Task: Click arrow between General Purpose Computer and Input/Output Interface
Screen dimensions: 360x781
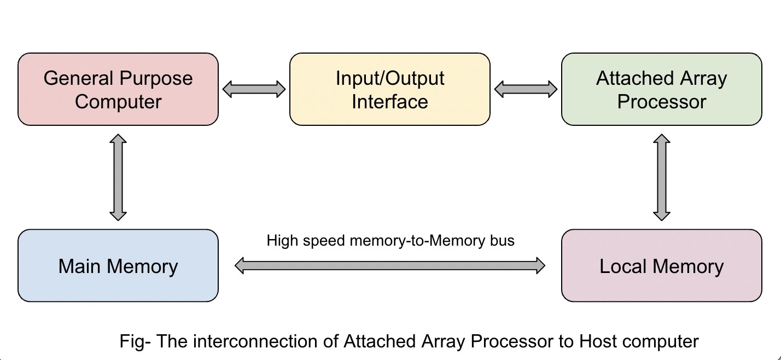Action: (254, 89)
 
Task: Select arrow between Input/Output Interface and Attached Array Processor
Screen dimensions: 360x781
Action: (526, 89)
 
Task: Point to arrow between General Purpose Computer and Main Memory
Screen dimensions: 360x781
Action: (118, 177)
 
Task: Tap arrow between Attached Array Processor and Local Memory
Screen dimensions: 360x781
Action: (662, 177)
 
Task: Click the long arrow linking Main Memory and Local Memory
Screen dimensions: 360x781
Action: (390, 266)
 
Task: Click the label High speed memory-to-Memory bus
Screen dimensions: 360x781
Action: (390, 241)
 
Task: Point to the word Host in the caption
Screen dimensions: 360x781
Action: (598, 342)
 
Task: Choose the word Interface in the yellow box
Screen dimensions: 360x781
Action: (389, 102)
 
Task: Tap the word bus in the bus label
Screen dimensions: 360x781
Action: (503, 241)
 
